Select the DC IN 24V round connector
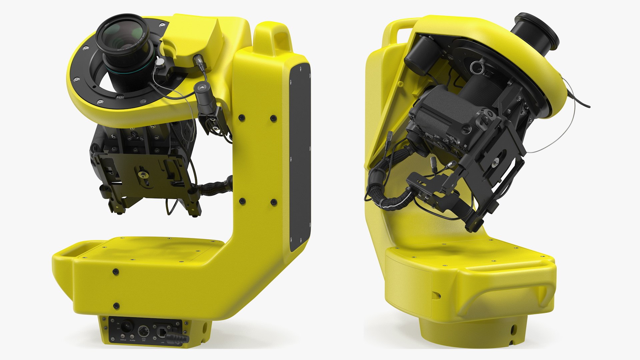coord(144,331)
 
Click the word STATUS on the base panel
coord(123,340)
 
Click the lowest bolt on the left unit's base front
coord(116,305)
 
